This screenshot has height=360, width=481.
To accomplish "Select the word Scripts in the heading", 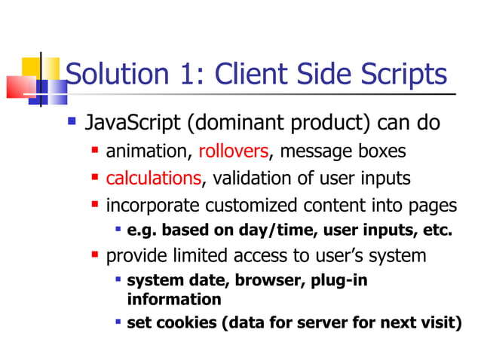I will point(401,75).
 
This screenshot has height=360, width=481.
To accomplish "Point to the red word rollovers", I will point(234,151).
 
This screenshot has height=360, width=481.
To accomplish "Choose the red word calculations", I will point(154,178).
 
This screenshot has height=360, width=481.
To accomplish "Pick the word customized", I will point(253,206).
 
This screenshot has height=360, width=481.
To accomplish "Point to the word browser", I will point(266,281).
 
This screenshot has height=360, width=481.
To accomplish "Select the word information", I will point(174,299).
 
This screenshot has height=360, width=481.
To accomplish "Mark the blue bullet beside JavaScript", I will point(72,120).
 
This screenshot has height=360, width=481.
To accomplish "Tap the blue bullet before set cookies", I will point(118,322).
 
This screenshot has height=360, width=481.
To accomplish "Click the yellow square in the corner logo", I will point(31,69).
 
